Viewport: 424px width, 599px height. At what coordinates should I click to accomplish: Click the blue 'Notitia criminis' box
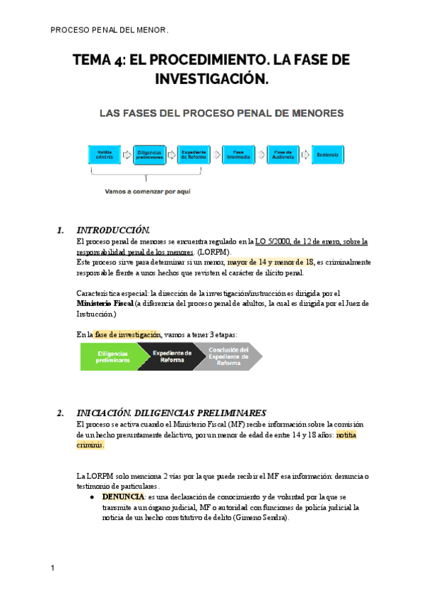(105, 154)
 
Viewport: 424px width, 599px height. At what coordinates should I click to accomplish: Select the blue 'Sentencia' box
(328, 154)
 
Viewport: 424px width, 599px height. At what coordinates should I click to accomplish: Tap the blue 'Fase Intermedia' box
(238, 154)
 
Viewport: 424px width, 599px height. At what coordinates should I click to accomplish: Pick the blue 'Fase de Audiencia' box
(283, 154)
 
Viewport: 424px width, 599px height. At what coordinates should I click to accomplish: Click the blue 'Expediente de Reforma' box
(194, 154)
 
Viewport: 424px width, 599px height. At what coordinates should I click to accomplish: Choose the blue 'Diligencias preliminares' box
(149, 154)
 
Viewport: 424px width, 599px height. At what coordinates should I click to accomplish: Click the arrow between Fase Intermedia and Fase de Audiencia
(261, 154)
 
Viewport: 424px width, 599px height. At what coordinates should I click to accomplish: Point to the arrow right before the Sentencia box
(305, 154)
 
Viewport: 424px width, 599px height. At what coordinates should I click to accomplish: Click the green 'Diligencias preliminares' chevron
(113, 357)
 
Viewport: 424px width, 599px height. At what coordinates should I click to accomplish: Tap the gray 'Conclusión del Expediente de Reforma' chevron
(230, 357)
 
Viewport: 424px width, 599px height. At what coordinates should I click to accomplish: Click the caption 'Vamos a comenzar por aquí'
(147, 191)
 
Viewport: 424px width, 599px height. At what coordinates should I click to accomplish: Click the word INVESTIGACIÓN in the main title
(211, 79)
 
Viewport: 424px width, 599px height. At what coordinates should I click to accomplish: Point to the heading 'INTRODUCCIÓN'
(113, 230)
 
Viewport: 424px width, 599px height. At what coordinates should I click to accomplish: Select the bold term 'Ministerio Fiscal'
(104, 303)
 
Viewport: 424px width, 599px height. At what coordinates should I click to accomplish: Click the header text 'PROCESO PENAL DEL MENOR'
(110, 30)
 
